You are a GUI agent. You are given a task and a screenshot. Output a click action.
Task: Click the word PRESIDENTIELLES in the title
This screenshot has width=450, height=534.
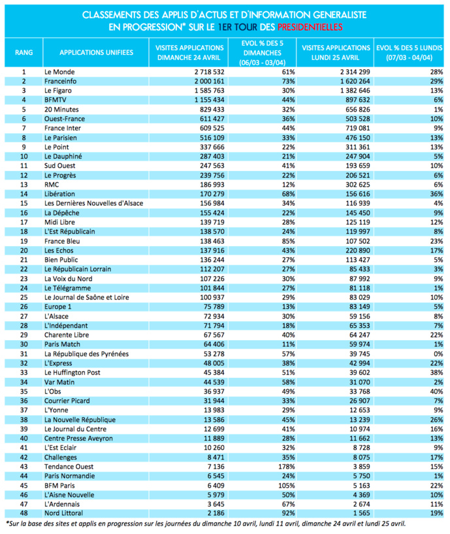point(310,27)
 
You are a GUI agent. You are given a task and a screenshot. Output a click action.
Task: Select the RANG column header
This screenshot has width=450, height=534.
point(24,52)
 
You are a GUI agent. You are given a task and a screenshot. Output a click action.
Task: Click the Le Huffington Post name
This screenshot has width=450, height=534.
point(72,373)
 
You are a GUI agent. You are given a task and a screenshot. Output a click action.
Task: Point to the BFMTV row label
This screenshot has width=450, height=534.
point(56,99)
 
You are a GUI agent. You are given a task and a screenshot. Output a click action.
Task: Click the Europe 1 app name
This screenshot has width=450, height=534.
point(58,306)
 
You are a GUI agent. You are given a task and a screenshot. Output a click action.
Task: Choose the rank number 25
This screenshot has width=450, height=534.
point(24,297)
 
